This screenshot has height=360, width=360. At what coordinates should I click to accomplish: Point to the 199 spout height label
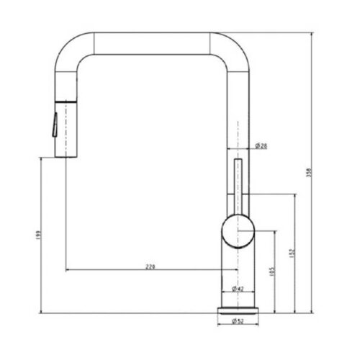pyautogui.click(x=36, y=236)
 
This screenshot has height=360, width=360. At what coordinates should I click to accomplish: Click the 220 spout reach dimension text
pyautogui.click(x=150, y=266)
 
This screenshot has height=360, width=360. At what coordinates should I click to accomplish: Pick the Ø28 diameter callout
pyautogui.click(x=261, y=145)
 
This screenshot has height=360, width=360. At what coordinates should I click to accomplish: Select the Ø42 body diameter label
pyautogui.click(x=238, y=289)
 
